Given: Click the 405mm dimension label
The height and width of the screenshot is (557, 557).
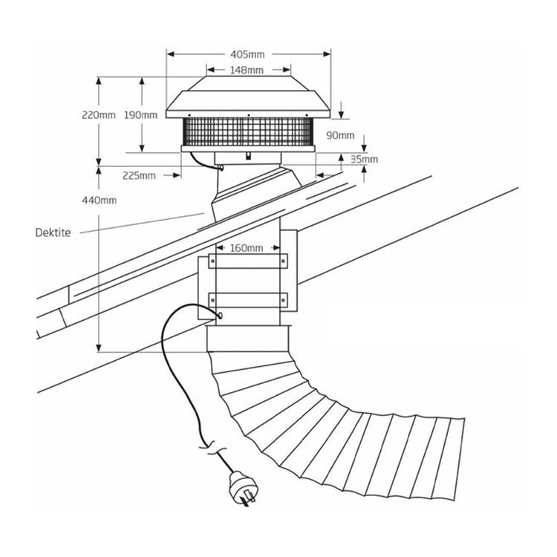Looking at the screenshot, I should (x=248, y=54).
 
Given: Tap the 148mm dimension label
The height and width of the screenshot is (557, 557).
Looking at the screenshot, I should (x=248, y=71).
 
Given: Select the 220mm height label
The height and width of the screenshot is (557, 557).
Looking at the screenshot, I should (x=99, y=115).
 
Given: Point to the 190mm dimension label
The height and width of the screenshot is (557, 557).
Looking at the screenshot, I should (x=141, y=115).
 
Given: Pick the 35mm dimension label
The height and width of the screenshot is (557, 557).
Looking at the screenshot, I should (x=365, y=159).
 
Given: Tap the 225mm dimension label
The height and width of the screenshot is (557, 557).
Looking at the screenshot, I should (x=140, y=175).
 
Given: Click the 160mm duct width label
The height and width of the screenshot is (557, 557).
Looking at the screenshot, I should (x=248, y=247).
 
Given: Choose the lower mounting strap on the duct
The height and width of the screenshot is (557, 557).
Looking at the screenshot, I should (x=247, y=300).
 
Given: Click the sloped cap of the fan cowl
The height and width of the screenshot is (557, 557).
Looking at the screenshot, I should (x=247, y=93).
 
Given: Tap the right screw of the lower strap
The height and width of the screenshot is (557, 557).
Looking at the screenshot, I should (x=282, y=300).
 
